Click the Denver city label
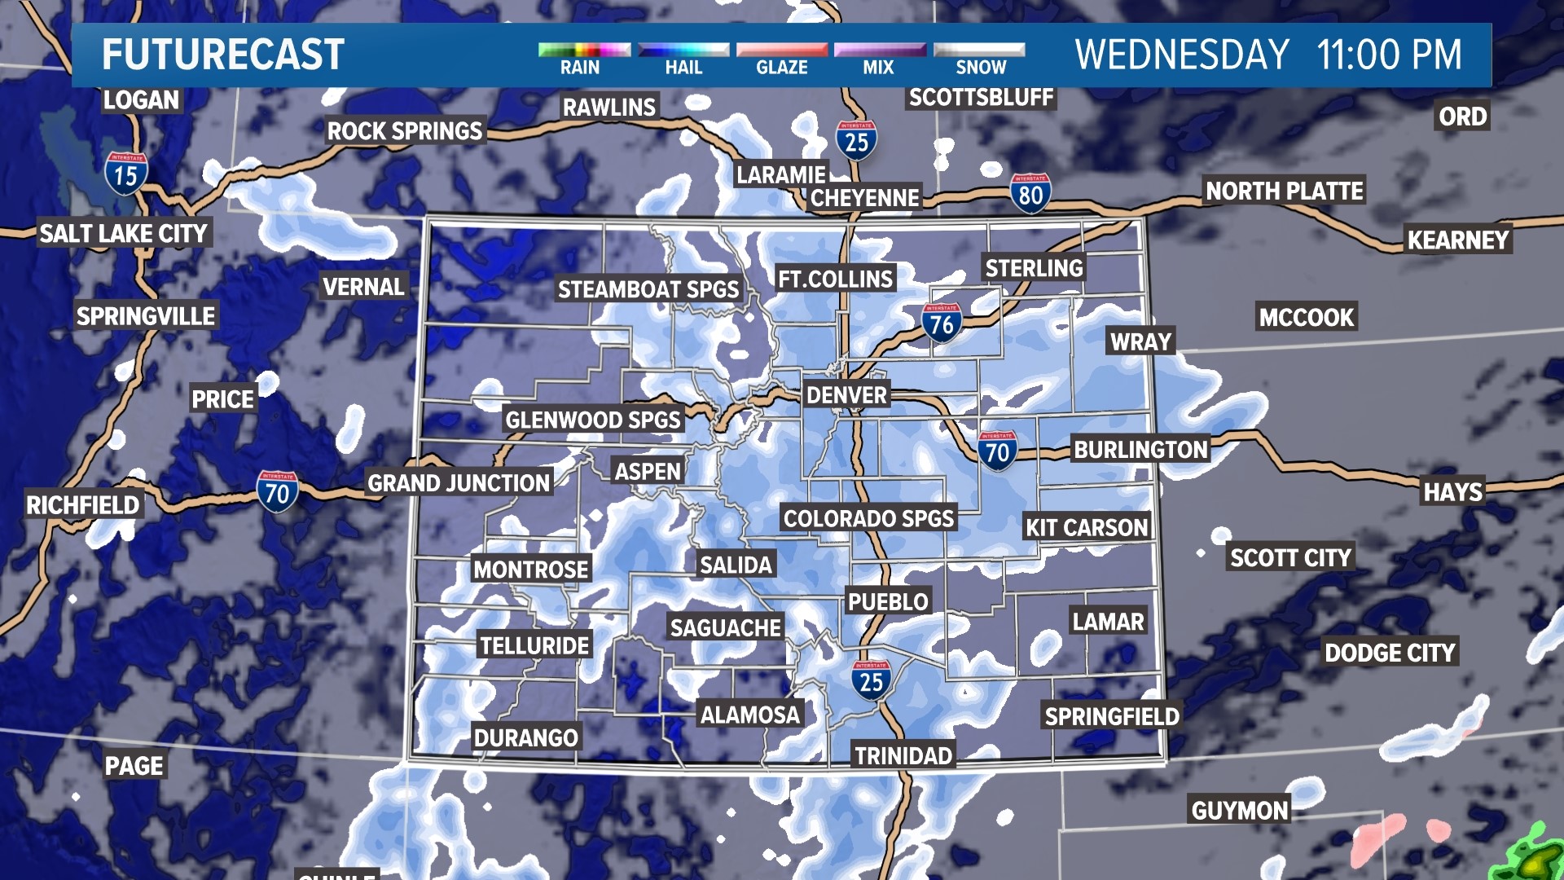(x=846, y=395)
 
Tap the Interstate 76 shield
(x=942, y=323)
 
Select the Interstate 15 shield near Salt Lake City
(x=125, y=174)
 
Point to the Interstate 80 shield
(x=1030, y=193)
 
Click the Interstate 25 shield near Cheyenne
(x=856, y=141)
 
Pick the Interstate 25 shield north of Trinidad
(x=871, y=680)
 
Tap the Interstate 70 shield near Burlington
(x=997, y=451)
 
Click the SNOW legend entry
(x=980, y=67)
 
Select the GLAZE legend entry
(x=781, y=67)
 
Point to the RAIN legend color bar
(x=584, y=50)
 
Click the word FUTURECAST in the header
(x=223, y=55)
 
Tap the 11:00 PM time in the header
(x=1389, y=55)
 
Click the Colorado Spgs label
(x=868, y=518)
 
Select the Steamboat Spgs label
(x=648, y=289)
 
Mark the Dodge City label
(x=1389, y=653)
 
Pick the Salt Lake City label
(x=124, y=234)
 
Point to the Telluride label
(x=534, y=646)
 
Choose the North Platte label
(x=1284, y=191)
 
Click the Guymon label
(x=1239, y=810)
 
